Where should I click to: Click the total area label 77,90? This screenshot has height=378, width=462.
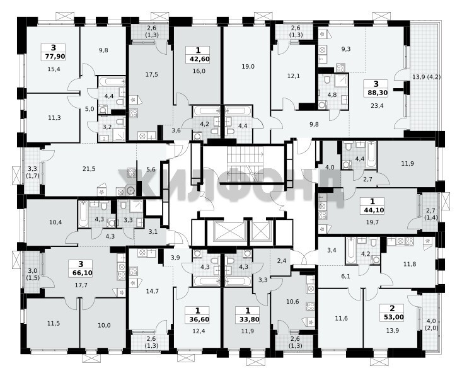pos(54,56)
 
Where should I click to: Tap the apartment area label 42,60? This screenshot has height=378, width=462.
pos(199,59)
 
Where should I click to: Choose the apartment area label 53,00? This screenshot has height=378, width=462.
pos(392,318)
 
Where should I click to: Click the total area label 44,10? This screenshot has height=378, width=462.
pos(372,210)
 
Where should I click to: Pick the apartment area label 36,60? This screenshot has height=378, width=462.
pos(197,319)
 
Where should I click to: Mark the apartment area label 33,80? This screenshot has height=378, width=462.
pos(248,319)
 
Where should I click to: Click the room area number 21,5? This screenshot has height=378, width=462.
pos(89,169)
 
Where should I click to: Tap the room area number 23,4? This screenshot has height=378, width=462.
pos(377,105)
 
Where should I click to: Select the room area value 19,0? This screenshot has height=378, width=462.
pos(248,67)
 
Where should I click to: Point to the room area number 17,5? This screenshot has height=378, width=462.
pos(151,74)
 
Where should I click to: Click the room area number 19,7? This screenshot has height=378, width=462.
pos(372,222)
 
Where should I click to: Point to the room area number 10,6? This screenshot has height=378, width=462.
pos(292,301)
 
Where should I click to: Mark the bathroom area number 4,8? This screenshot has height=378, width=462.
pos(332,95)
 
